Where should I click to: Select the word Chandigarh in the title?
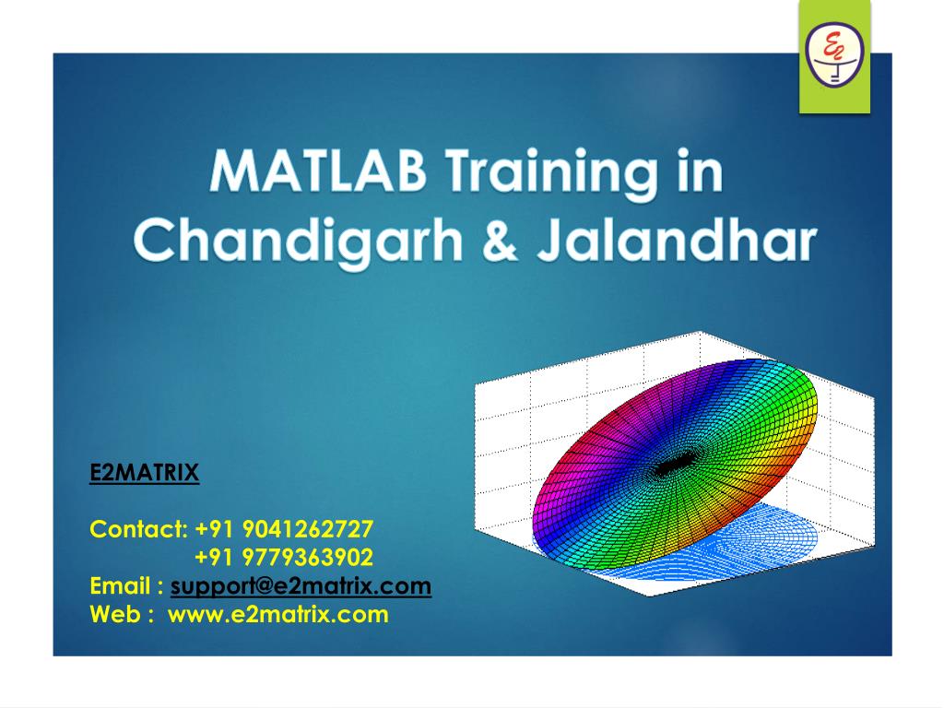click(299, 241)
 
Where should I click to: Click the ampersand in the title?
click(500, 241)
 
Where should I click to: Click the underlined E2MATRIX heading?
click(144, 473)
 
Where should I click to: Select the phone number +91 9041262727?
click(284, 529)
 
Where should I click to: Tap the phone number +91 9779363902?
click(284, 557)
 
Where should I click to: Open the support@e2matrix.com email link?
click(301, 585)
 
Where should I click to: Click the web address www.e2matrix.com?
click(278, 614)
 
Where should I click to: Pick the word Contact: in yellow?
click(139, 529)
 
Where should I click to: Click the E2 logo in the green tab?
click(834, 53)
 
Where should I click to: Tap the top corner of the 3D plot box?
click(701, 331)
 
